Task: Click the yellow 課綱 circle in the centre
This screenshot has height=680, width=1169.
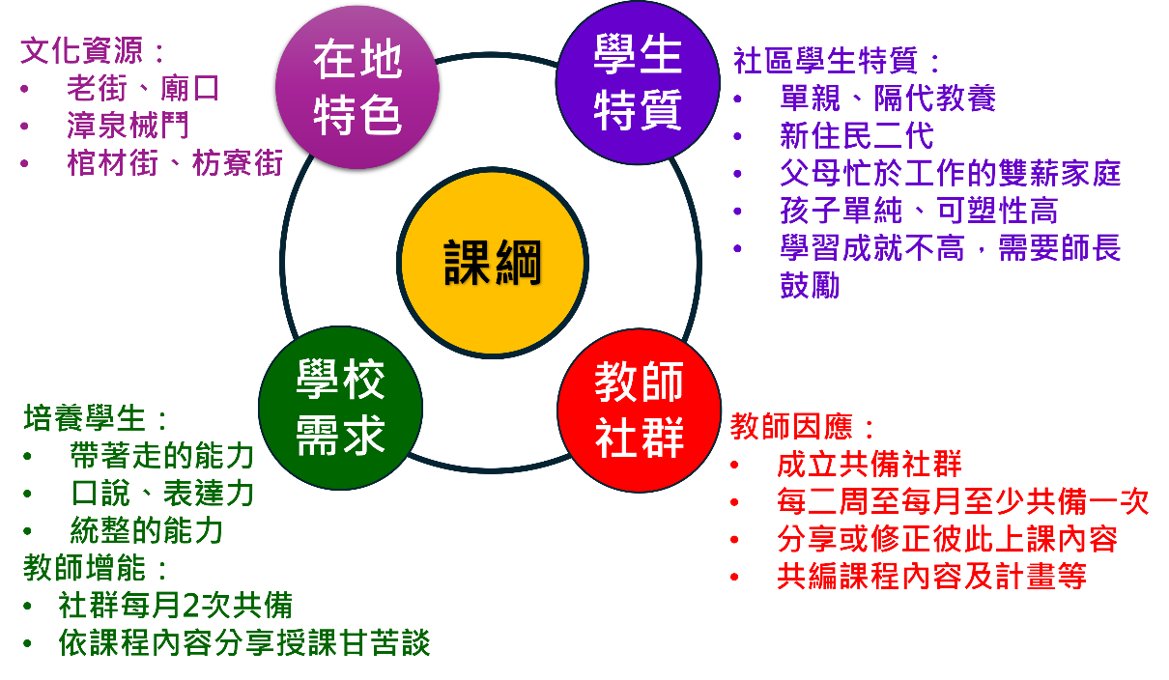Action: pyautogui.click(x=493, y=263)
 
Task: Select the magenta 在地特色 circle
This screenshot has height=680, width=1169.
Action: pyautogui.click(x=357, y=87)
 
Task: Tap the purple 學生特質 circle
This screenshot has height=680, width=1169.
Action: pyautogui.click(x=638, y=82)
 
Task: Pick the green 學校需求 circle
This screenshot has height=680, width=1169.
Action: pyautogui.click(x=340, y=408)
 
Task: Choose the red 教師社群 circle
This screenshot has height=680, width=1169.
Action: pyautogui.click(x=640, y=411)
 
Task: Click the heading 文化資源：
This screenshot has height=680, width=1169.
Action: pyautogui.click(x=92, y=50)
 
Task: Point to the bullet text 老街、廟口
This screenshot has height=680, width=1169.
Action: pyautogui.click(x=143, y=88)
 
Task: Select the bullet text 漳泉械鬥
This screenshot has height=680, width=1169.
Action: pyautogui.click(x=128, y=126)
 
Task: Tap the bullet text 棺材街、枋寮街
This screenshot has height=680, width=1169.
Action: pyautogui.click(x=175, y=163)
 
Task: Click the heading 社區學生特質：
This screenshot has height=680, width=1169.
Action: pyautogui.click(x=836, y=61)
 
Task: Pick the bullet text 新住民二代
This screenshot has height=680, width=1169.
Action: pyautogui.click(x=856, y=135)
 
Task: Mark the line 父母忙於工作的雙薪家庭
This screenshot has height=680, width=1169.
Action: pyautogui.click(x=951, y=173)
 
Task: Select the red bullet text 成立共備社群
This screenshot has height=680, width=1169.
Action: pyautogui.click(x=869, y=464)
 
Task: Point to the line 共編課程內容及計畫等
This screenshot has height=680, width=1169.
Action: pyautogui.click(x=931, y=576)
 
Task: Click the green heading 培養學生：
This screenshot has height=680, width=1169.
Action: pyautogui.click(x=96, y=418)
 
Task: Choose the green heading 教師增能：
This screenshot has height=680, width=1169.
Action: pyautogui.click(x=96, y=568)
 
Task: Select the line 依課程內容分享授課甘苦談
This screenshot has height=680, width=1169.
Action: pyautogui.click(x=244, y=642)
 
